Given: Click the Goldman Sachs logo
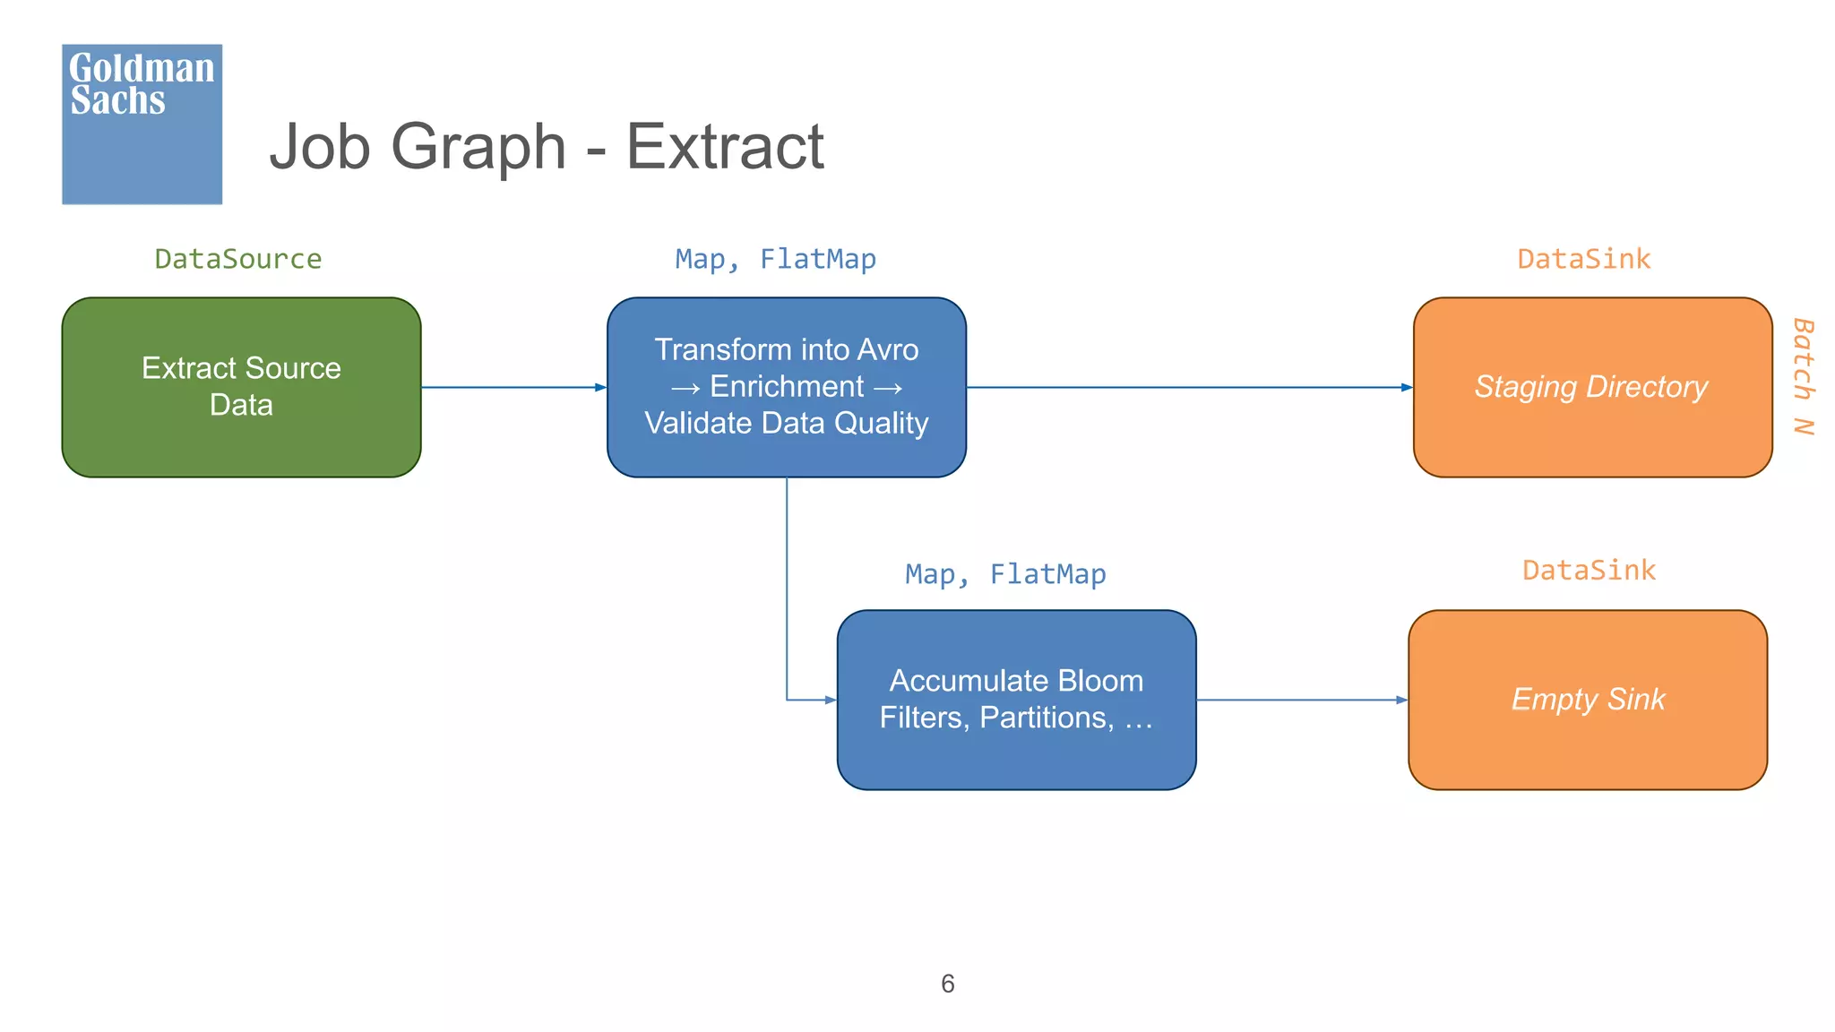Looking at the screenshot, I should point(142,124).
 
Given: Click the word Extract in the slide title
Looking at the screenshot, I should point(724,146).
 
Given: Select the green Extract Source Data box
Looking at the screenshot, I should point(241,387).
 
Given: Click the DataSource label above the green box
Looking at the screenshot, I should point(237,259).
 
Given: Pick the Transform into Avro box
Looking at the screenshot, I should point(786,387).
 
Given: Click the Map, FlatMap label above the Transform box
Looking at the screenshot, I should point(775,259).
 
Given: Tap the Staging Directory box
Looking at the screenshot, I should point(1591,387).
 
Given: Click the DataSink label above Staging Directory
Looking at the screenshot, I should point(1583,259).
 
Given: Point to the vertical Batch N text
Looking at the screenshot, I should point(1803,376).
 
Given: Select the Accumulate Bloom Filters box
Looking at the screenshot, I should point(1016,700).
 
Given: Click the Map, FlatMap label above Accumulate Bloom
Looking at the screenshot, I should point(1005,574).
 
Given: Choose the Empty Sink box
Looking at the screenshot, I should point(1587,700).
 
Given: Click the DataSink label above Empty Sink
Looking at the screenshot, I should point(1589,571).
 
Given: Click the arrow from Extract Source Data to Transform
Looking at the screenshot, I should point(513,387).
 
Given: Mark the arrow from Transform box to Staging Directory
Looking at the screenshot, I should point(1189,387).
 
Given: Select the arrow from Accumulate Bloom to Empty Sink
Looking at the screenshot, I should point(1301,700).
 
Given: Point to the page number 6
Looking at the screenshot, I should point(948,984).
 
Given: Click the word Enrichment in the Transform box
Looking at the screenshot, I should point(787,387).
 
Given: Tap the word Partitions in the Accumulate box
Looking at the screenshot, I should point(1047,718).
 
